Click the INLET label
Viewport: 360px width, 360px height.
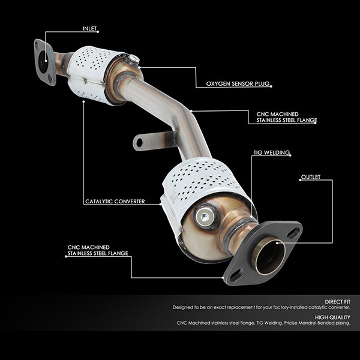point(90,28)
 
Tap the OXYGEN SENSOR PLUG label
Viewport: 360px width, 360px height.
point(238,83)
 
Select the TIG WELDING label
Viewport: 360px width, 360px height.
point(271,152)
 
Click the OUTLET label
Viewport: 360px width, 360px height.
point(311,177)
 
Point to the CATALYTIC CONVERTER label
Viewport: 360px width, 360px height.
point(115,202)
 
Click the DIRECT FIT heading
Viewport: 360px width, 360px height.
point(337,302)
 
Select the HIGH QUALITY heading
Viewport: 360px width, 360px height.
point(332,317)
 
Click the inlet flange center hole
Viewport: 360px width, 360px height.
point(43,62)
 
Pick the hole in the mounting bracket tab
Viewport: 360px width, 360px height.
point(139,143)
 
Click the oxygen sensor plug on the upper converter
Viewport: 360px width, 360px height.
point(134,59)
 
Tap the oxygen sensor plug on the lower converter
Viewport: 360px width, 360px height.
point(205,216)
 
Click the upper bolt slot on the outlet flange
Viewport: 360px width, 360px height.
point(293,233)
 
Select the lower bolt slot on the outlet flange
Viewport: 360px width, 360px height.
point(236,275)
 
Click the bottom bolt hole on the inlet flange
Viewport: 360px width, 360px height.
point(50,79)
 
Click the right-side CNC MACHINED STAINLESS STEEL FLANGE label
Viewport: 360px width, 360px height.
point(287,117)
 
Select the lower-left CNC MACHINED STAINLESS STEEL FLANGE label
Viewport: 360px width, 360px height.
point(98,250)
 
